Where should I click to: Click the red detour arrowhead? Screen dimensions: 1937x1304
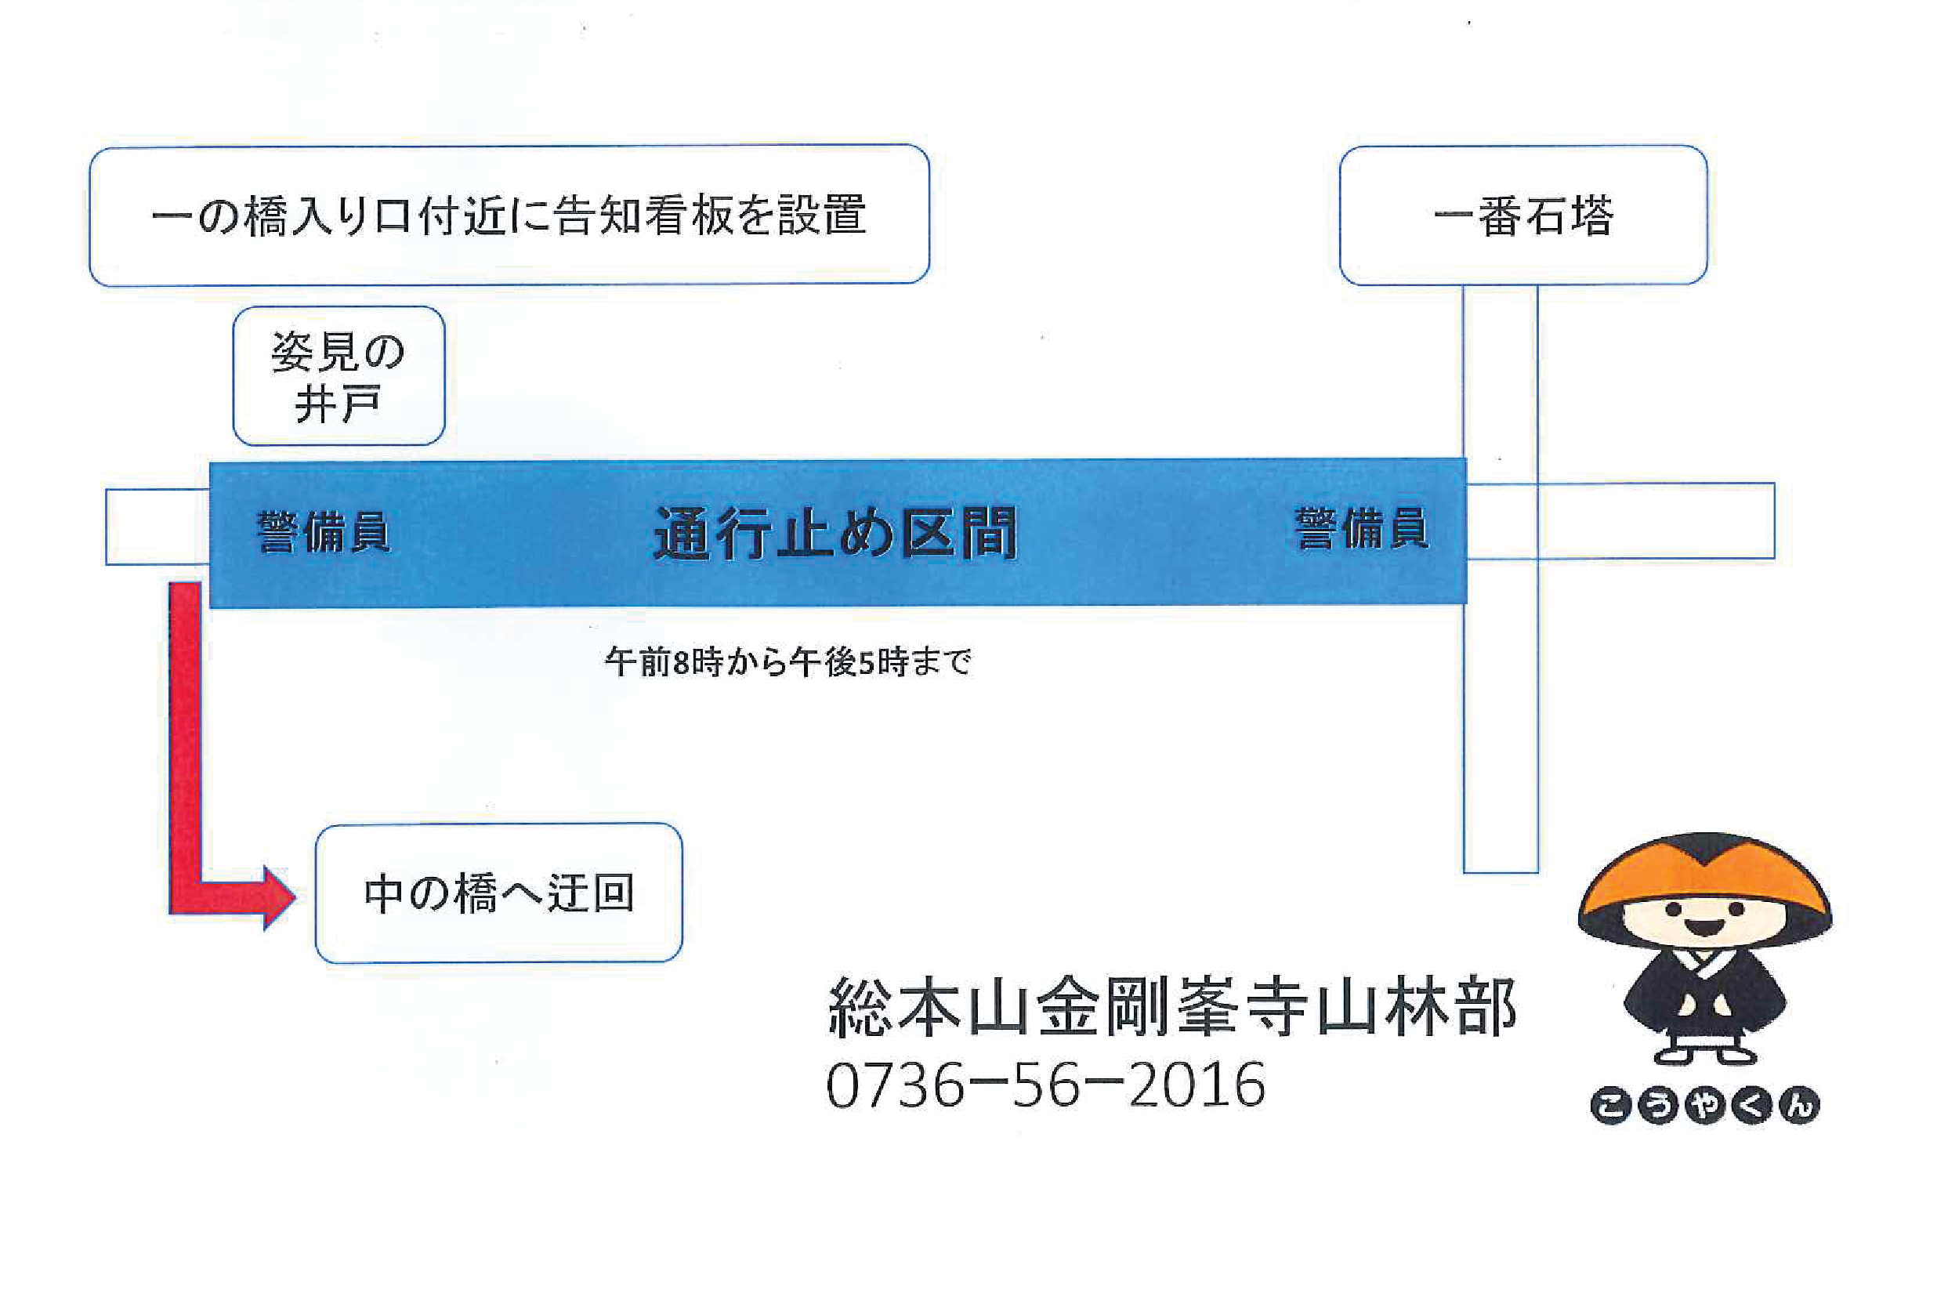(279, 897)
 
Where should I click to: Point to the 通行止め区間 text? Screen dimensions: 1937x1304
(835, 533)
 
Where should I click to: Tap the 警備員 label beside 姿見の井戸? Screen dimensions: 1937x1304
(324, 532)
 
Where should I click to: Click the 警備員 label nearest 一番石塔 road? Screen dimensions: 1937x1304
(1362, 529)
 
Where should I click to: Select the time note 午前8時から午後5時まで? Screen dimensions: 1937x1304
(788, 662)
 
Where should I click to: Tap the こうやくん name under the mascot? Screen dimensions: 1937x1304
(1704, 1105)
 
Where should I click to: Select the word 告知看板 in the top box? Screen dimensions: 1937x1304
(643, 216)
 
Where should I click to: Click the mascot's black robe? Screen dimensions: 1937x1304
(1704, 998)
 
